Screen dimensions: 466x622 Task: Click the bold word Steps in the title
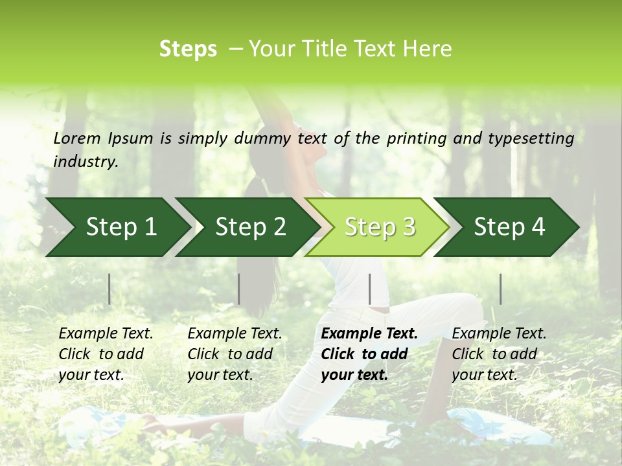point(188,49)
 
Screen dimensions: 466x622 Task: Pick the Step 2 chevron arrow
point(250,227)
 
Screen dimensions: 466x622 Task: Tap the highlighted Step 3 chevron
point(380,227)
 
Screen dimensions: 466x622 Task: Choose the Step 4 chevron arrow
point(509,227)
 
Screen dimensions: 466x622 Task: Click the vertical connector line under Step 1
point(109,289)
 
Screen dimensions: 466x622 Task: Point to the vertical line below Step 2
point(239,289)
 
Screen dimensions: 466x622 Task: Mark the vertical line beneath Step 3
point(369,289)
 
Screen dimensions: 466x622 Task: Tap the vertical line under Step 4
point(500,289)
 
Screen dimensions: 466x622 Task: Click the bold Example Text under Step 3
point(369,334)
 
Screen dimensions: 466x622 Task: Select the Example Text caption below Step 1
point(106,334)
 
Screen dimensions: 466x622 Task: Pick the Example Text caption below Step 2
point(235,334)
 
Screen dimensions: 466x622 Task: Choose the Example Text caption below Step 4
point(499,334)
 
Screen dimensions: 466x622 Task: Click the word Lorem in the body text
point(77,139)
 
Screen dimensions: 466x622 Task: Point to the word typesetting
point(533,139)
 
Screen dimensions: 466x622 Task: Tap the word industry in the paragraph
point(86,162)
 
